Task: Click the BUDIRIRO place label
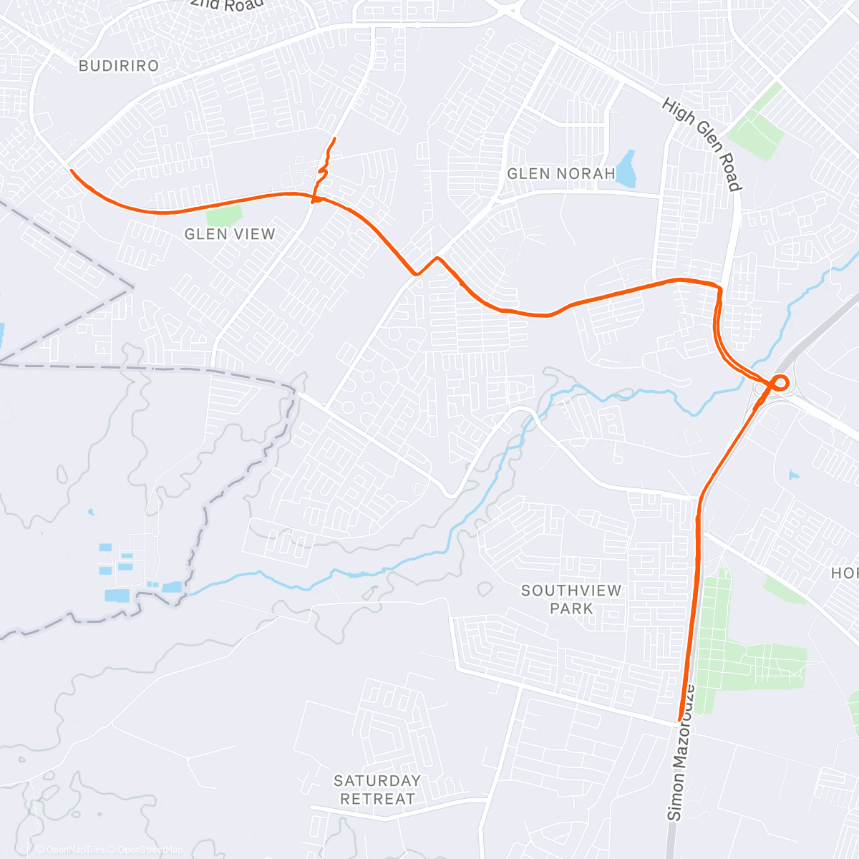(x=119, y=66)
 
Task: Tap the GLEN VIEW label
(x=230, y=234)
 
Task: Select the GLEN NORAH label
(x=561, y=174)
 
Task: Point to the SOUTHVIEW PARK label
(x=571, y=599)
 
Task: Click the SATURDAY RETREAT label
(x=377, y=790)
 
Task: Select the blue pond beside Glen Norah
(x=626, y=169)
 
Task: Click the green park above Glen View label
(x=223, y=215)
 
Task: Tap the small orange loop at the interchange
(x=779, y=382)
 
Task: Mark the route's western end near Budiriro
(x=70, y=169)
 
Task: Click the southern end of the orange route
(x=680, y=719)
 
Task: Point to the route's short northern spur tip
(x=334, y=137)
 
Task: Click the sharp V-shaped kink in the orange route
(x=416, y=273)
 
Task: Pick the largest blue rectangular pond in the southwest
(x=117, y=596)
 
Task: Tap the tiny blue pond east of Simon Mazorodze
(x=793, y=474)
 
